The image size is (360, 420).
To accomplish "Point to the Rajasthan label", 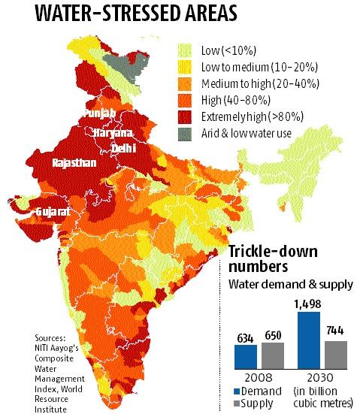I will (74, 162).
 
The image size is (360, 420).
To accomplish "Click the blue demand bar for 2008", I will (245, 355).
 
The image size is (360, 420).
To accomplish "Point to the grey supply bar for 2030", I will (336, 352).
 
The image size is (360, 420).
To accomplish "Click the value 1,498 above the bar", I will (308, 303).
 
